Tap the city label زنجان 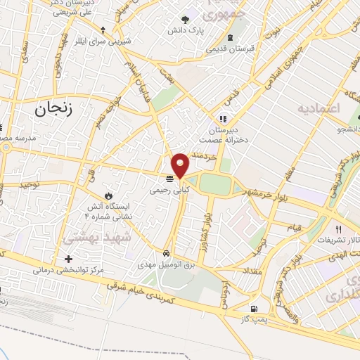click(53, 109)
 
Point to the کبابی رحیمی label click(169, 190)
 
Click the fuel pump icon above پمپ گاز click(253, 309)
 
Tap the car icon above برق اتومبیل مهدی click(166, 252)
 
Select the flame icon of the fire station click(108, 193)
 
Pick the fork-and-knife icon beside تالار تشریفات click(338, 229)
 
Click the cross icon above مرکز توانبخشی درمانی click(67, 258)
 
